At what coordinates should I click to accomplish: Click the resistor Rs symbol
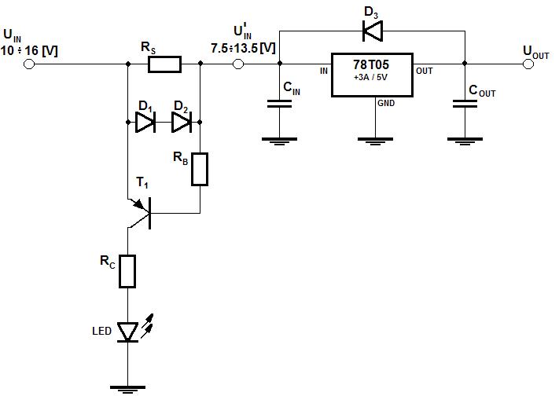pyautogui.click(x=164, y=64)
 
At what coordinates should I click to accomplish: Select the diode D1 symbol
pyautogui.click(x=145, y=123)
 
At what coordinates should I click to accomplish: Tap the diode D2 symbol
pyautogui.click(x=182, y=123)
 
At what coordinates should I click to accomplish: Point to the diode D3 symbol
pyautogui.click(x=372, y=31)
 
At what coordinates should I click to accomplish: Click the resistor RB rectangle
pyautogui.click(x=200, y=169)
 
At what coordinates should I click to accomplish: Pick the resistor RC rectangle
pyautogui.click(x=127, y=271)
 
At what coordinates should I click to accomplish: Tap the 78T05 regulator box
pyautogui.click(x=372, y=75)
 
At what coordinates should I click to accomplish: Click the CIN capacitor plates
pyautogui.click(x=280, y=104)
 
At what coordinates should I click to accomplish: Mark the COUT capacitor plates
pyautogui.click(x=465, y=104)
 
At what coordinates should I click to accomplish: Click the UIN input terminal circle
pyautogui.click(x=29, y=64)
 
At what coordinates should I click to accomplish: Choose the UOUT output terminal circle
pyautogui.click(x=528, y=64)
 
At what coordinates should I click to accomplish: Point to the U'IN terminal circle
pyautogui.click(x=238, y=64)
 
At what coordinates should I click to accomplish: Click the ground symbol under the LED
pyautogui.click(x=127, y=389)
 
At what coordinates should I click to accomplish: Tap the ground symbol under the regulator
pyautogui.click(x=375, y=141)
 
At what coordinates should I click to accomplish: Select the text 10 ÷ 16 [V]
pyautogui.click(x=29, y=50)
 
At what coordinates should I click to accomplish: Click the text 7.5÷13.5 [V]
pyautogui.click(x=244, y=48)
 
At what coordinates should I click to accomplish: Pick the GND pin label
pyautogui.click(x=386, y=104)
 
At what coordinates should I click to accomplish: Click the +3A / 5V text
pyautogui.click(x=370, y=77)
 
